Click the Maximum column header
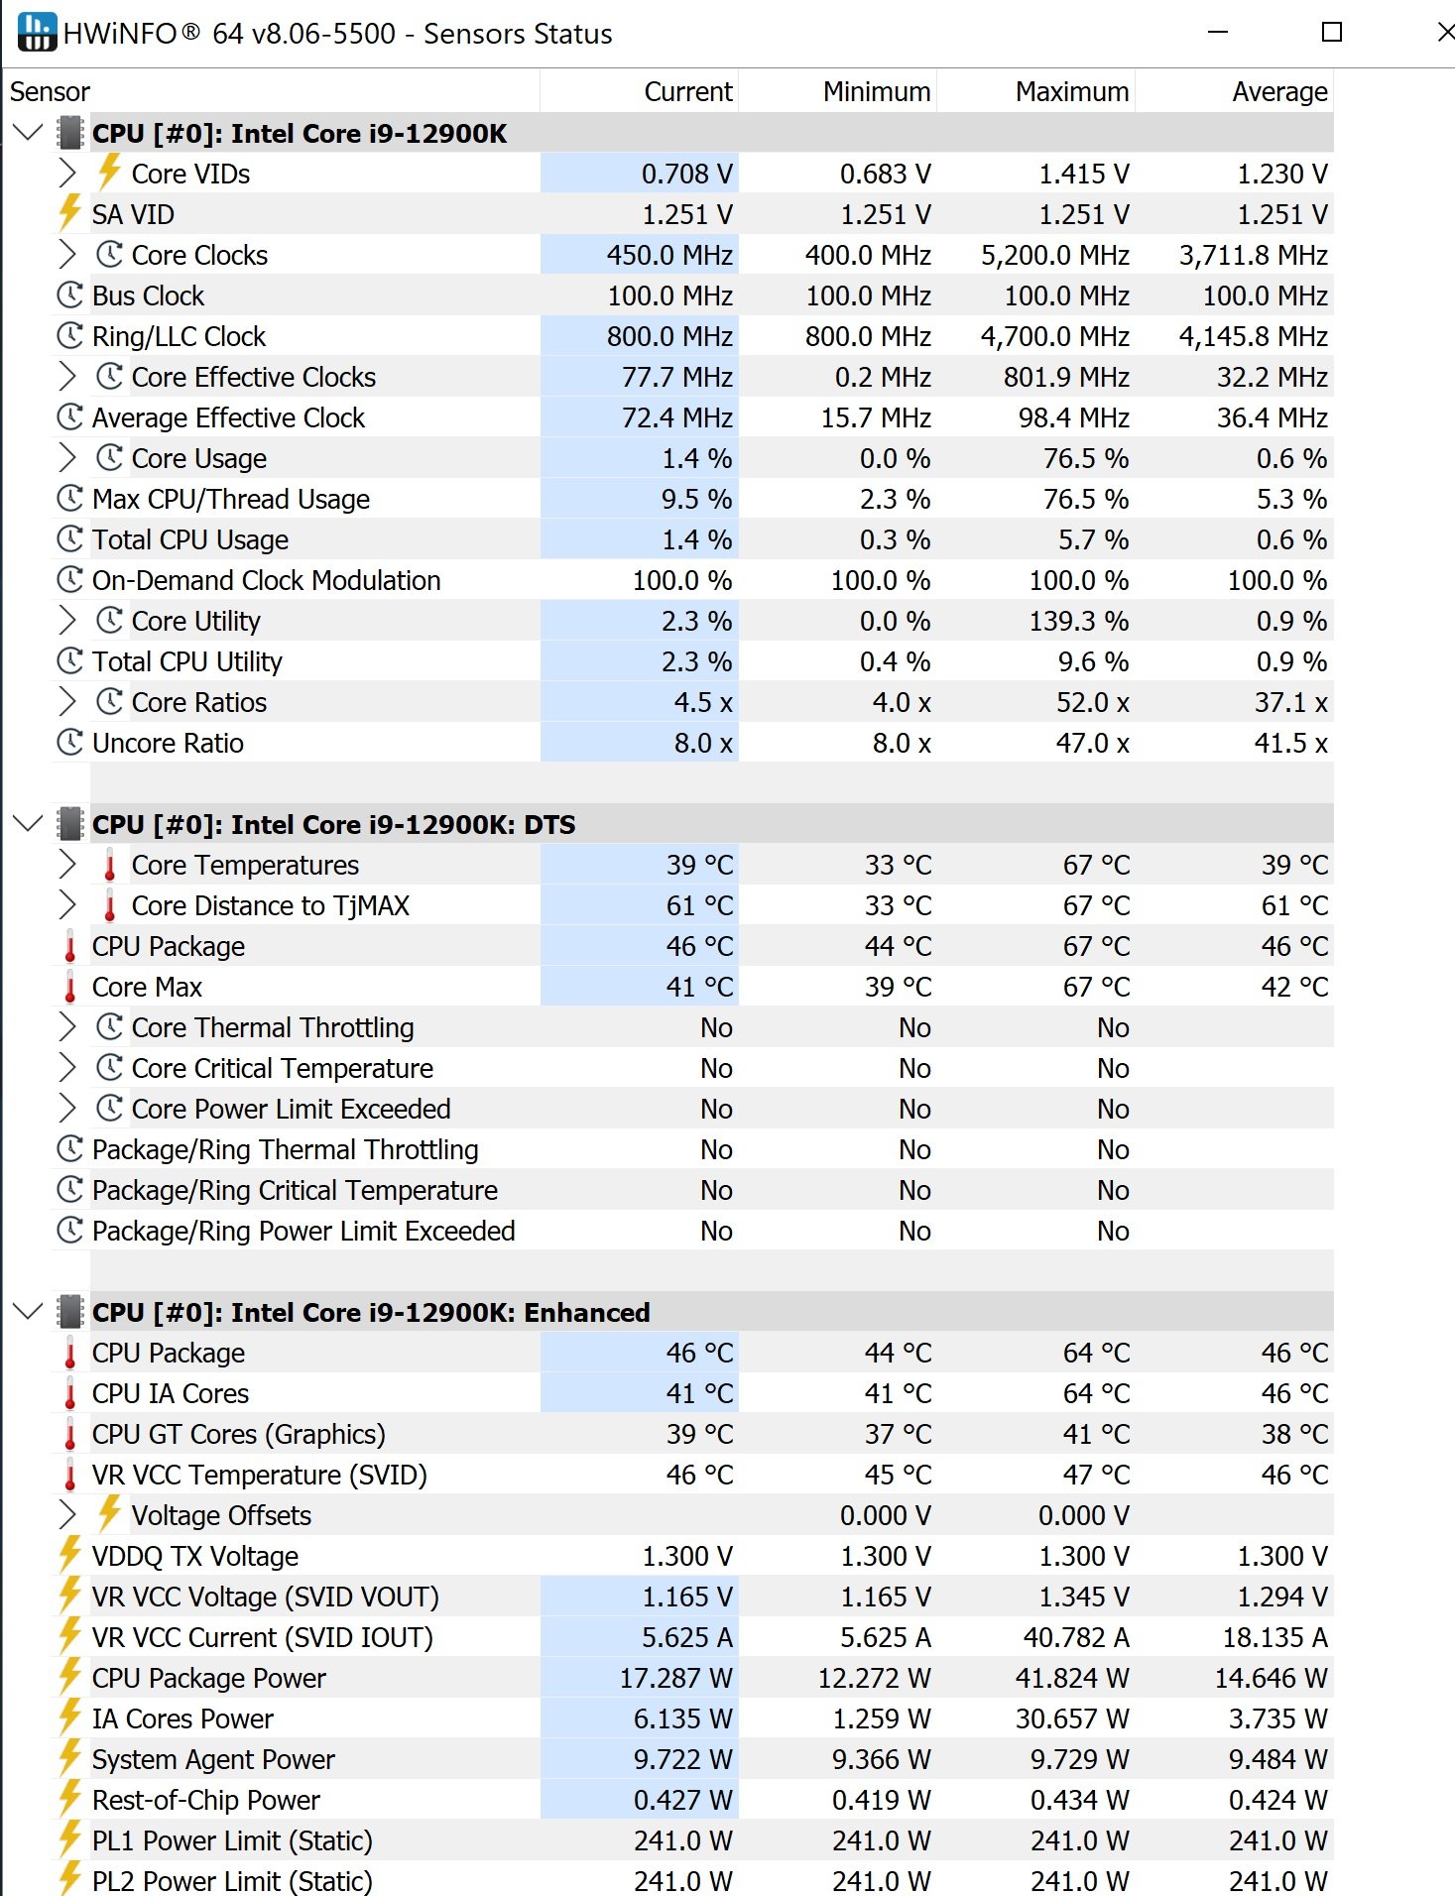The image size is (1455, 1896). click(x=1071, y=92)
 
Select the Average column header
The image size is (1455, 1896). click(x=1278, y=92)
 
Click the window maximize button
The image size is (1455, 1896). click(x=1332, y=33)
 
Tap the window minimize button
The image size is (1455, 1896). click(x=1218, y=33)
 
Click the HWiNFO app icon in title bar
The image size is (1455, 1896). click(x=37, y=33)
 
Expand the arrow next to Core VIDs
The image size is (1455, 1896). click(x=67, y=174)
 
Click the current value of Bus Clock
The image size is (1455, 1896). click(x=669, y=296)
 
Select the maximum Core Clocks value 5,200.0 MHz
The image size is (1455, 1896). click(x=1054, y=255)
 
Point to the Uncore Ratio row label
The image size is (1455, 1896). click(x=168, y=743)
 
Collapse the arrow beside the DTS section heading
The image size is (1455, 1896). click(x=28, y=824)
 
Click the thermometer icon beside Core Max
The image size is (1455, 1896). click(x=70, y=987)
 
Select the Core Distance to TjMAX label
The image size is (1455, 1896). click(x=270, y=905)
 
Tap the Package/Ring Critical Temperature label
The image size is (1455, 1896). click(x=295, y=1190)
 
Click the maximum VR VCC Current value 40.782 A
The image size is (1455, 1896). click(x=1076, y=1637)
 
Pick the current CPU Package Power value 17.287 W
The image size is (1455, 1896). click(x=675, y=1678)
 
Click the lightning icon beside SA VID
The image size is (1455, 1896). click(x=69, y=214)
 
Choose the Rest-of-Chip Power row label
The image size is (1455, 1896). click(x=206, y=1800)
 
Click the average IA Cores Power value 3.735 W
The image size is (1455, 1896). click(x=1277, y=1718)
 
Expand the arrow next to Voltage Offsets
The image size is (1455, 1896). click(x=67, y=1515)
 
